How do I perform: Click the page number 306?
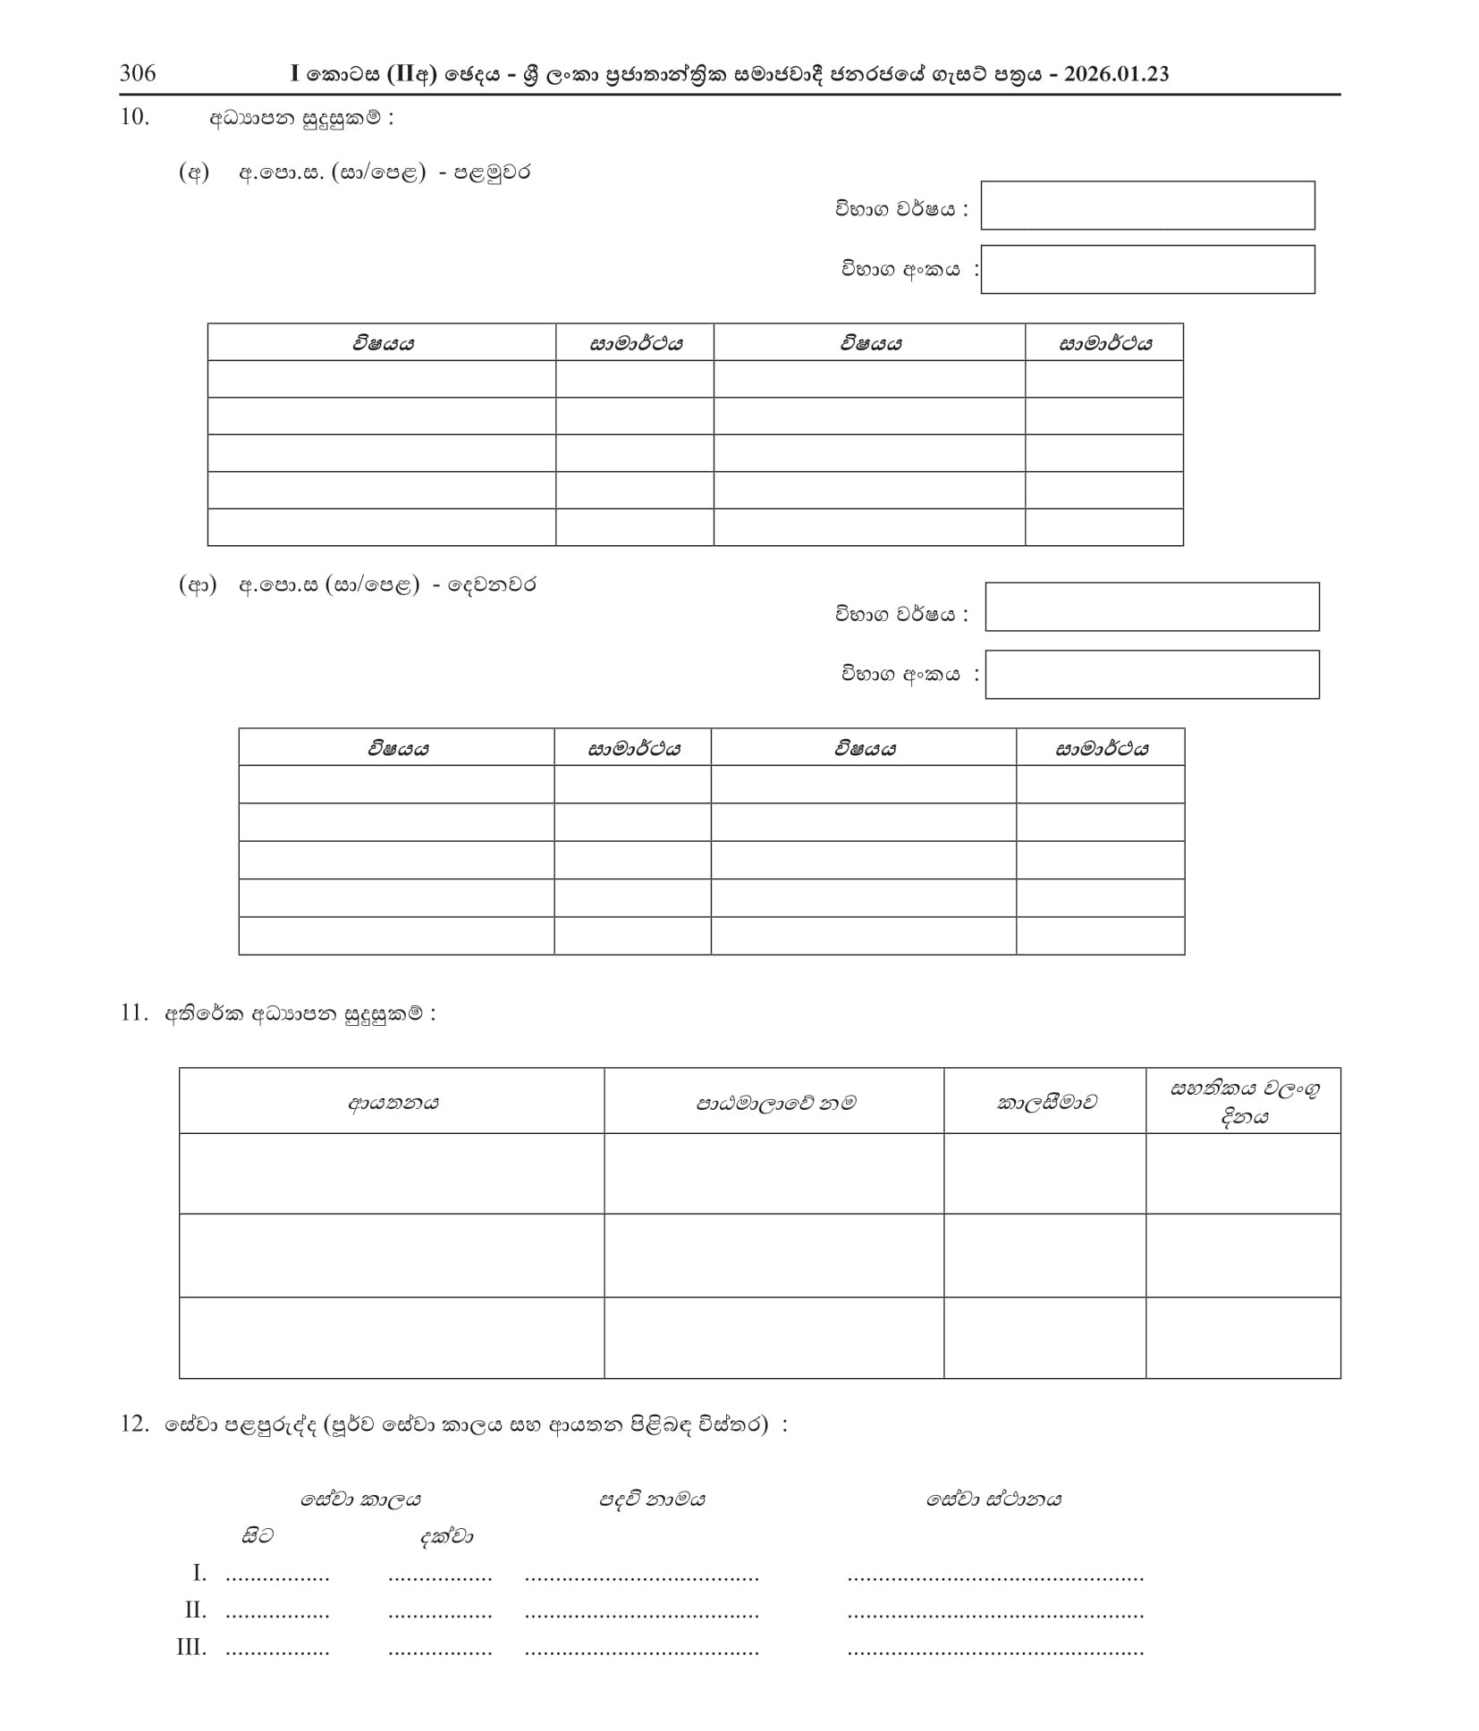pyautogui.click(x=138, y=73)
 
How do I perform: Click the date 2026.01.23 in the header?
pyautogui.click(x=1115, y=74)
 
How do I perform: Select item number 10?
pyautogui.click(x=134, y=117)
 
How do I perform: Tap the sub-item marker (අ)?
pyautogui.click(x=194, y=172)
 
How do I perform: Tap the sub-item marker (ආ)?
pyautogui.click(x=198, y=585)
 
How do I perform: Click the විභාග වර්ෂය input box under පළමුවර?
pyautogui.click(x=1146, y=206)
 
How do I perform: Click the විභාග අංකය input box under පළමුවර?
pyautogui.click(x=1146, y=269)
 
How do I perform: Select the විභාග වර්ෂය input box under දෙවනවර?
pyautogui.click(x=1151, y=607)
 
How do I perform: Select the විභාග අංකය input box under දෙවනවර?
pyautogui.click(x=1151, y=674)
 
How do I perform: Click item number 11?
pyautogui.click(x=134, y=1013)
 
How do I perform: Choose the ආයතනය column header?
pyautogui.click(x=393, y=1102)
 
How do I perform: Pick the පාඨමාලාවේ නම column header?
pyautogui.click(x=774, y=1102)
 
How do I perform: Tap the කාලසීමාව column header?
pyautogui.click(x=1045, y=1102)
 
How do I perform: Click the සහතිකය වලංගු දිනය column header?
pyautogui.click(x=1243, y=1102)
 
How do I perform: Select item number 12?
pyautogui.click(x=134, y=1424)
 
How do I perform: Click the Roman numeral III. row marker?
pyautogui.click(x=191, y=1646)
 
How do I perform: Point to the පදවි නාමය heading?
pyautogui.click(x=652, y=1499)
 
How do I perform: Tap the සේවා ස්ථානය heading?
pyautogui.click(x=993, y=1499)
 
